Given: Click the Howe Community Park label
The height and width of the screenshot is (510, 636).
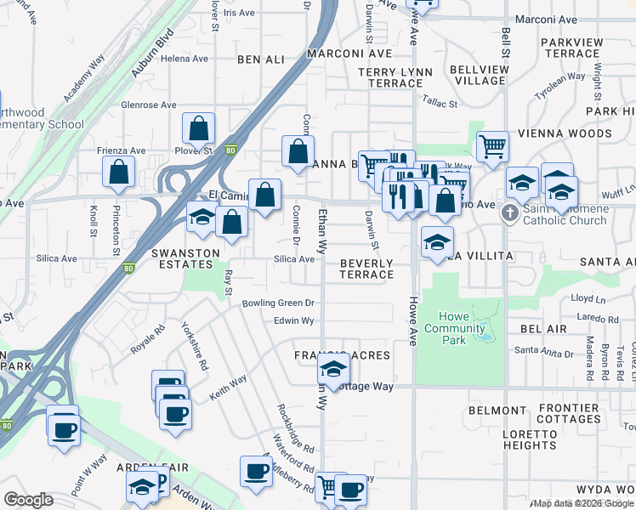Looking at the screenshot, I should (x=455, y=329).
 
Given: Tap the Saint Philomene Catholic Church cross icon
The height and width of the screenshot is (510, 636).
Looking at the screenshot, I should (x=510, y=212).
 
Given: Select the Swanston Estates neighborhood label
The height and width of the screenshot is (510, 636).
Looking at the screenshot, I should (x=185, y=258).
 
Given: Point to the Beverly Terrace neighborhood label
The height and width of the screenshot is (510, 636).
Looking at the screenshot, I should (x=366, y=269).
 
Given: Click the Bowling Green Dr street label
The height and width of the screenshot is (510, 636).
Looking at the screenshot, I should (x=278, y=303).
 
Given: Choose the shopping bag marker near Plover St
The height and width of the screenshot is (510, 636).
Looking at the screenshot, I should (x=198, y=129).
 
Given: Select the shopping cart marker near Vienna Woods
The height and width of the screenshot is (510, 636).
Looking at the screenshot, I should (x=492, y=146).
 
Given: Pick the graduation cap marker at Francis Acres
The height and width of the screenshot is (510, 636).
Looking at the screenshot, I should (x=333, y=369).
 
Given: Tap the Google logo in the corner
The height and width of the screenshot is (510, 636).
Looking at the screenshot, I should (x=28, y=500).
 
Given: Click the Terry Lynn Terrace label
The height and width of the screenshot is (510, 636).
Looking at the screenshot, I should (x=390, y=77).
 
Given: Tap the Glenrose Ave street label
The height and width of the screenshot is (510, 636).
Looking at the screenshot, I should (x=149, y=105).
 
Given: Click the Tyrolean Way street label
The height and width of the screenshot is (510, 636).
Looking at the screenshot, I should (x=555, y=87).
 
